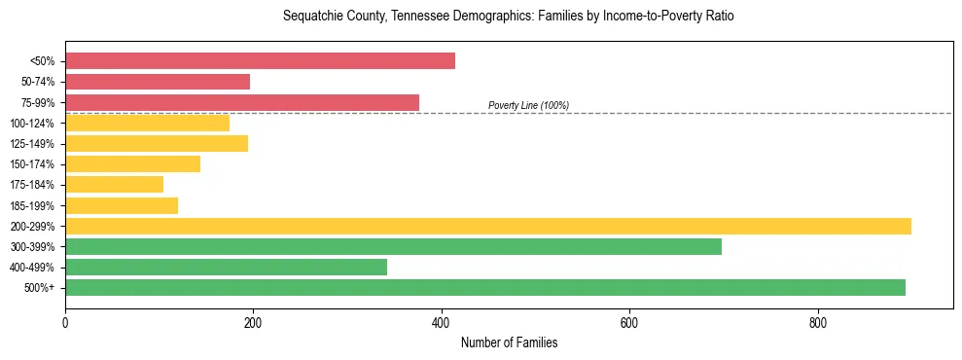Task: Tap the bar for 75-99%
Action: [242, 102]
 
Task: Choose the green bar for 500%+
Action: [485, 287]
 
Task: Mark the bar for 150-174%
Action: [132, 163]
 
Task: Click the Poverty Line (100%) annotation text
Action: [528, 105]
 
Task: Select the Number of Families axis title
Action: [509, 342]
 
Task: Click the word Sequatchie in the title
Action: [310, 17]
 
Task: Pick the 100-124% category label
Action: [32, 124]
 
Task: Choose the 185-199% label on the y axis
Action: [32, 205]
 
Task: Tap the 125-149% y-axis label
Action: [32, 144]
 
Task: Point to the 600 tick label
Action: [629, 322]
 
